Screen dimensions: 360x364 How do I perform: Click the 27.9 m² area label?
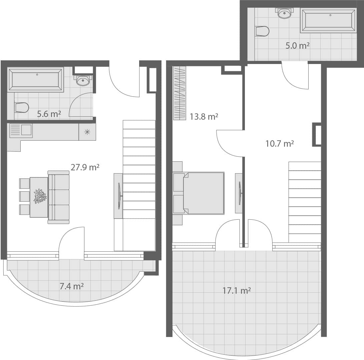click(x=85, y=167)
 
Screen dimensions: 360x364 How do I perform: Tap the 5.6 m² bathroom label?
click(x=49, y=114)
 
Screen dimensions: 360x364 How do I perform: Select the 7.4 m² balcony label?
click(x=71, y=286)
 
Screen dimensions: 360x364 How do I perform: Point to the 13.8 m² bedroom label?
click(x=204, y=117)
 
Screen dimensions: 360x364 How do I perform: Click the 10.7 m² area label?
click(x=279, y=144)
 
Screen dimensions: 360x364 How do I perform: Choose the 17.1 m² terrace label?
click(x=236, y=291)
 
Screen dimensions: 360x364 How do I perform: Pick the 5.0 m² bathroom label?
click(x=297, y=46)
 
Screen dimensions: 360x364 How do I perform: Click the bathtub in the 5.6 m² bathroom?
click(x=36, y=80)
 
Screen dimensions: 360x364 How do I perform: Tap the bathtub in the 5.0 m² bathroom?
click(x=328, y=20)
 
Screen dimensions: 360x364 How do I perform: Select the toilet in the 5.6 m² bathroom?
click(x=21, y=107)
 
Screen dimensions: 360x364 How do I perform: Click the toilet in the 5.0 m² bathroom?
click(x=262, y=31)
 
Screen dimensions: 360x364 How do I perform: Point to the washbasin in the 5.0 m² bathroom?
click(x=284, y=14)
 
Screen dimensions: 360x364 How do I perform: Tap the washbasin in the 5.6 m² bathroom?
click(x=83, y=80)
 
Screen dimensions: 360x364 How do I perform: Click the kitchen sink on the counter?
click(x=21, y=130)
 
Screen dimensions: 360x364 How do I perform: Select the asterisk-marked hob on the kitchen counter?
click(x=87, y=132)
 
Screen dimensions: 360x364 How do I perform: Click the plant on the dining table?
click(x=40, y=196)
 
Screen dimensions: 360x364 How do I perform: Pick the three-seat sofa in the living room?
click(x=59, y=197)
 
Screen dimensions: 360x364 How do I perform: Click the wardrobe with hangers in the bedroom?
click(x=179, y=93)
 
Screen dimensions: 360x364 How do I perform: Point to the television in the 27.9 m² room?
click(x=118, y=196)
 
